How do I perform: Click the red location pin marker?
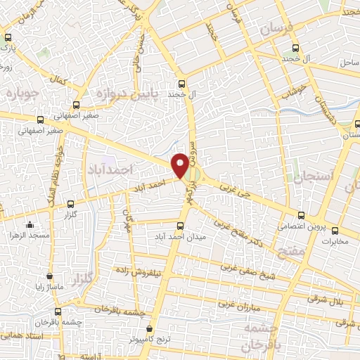[x=181, y=165]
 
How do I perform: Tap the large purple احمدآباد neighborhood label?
[x=111, y=169]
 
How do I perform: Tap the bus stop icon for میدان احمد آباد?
[x=180, y=226]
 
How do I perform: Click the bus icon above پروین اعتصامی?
[x=301, y=215]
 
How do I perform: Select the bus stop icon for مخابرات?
[x=335, y=231]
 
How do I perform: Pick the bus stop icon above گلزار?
[x=69, y=204]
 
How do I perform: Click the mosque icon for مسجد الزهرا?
[x=30, y=225]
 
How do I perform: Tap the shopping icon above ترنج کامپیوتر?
[x=149, y=328]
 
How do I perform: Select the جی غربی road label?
[x=233, y=188]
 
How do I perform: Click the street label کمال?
[x=68, y=83]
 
